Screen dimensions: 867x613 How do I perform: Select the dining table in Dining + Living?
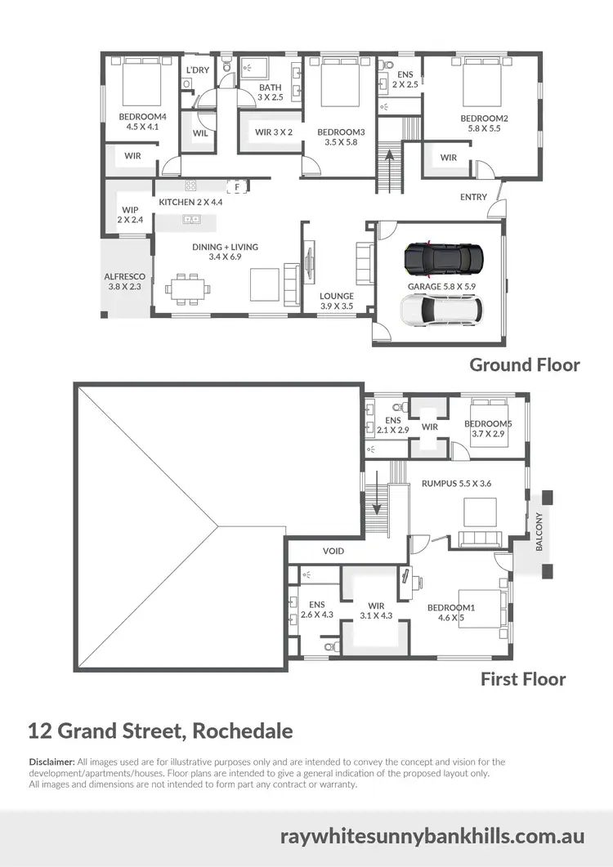pos(188,288)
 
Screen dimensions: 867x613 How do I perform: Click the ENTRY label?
pos(473,197)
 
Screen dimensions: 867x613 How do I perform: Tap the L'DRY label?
pos(198,70)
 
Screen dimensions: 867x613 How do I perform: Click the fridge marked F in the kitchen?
pos(237,187)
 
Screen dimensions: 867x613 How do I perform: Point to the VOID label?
pos(333,551)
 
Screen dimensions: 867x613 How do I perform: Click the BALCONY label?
pos(539,531)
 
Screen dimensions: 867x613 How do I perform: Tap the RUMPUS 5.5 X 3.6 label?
pos(456,483)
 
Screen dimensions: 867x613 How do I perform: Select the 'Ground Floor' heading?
pos(524,365)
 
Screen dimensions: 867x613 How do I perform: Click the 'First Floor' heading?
pos(523,678)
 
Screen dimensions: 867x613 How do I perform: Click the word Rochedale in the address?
pos(243,730)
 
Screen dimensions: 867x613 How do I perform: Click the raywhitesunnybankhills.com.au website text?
pos(432,837)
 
